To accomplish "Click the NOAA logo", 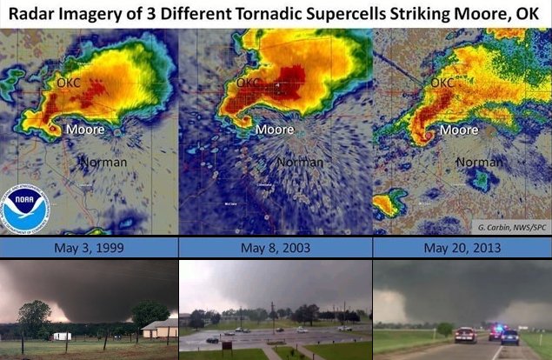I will click(x=25, y=209).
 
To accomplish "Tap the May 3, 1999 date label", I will click(x=89, y=247).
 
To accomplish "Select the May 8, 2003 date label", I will click(x=275, y=247).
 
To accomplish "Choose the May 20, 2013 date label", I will click(x=462, y=247).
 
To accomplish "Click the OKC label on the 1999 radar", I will click(x=69, y=83).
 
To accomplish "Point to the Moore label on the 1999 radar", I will click(x=86, y=130).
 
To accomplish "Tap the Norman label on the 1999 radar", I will click(x=103, y=162).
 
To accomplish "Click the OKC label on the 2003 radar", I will click(x=249, y=83).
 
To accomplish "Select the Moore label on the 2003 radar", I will click(x=274, y=130).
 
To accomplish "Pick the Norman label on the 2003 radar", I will click(x=300, y=162).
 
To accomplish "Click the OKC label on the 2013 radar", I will click(x=442, y=83).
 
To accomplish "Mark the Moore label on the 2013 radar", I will click(x=458, y=130).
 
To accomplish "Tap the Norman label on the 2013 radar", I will click(x=479, y=162).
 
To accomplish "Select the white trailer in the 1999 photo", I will click(x=62, y=336).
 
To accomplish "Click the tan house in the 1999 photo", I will click(x=159, y=329).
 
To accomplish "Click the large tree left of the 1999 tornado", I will click(x=34, y=317).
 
